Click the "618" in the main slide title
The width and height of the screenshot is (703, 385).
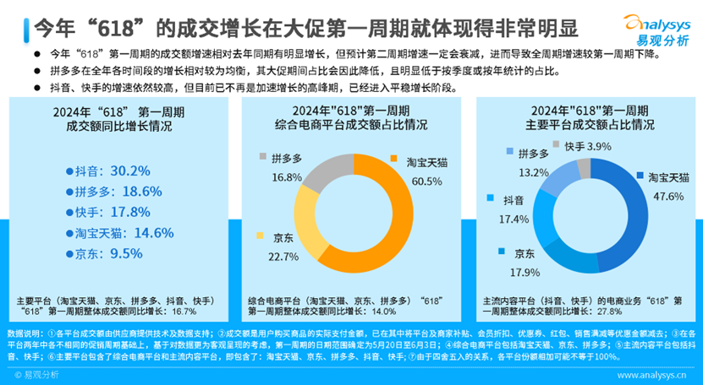(x=100, y=26)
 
